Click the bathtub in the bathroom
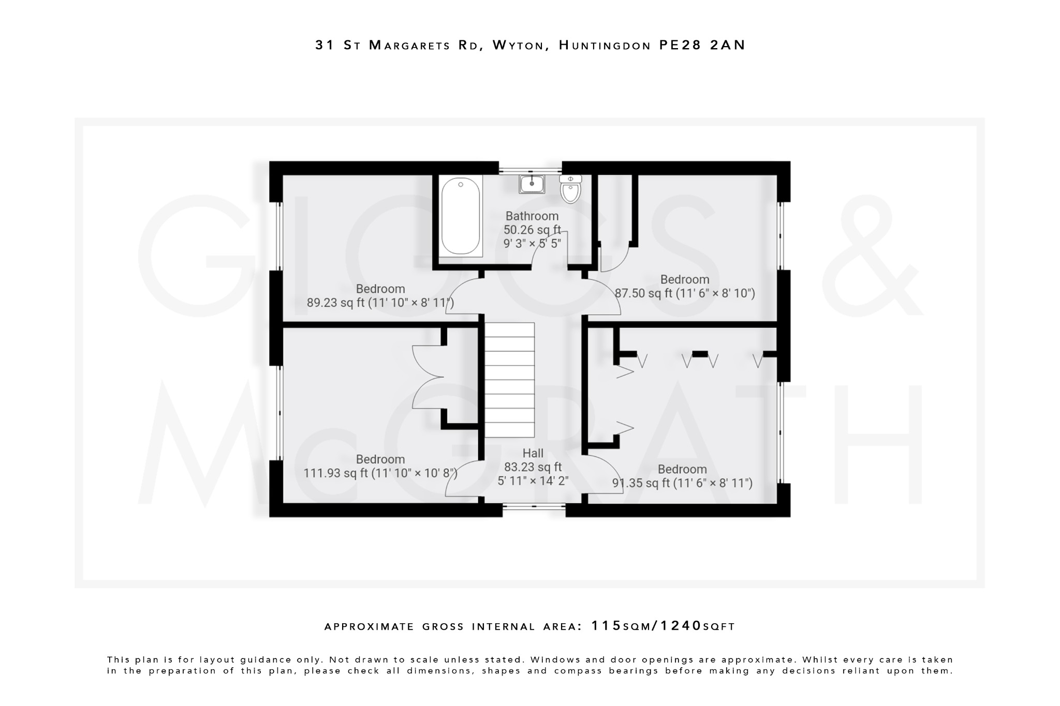(x=460, y=216)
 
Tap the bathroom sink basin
(x=532, y=184)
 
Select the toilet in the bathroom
(x=570, y=189)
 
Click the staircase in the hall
(x=509, y=380)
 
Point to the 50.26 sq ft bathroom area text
(x=532, y=230)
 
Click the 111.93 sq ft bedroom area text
(x=380, y=473)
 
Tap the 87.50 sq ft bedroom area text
(x=684, y=293)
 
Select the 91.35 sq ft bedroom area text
(x=682, y=483)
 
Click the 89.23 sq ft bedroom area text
(x=380, y=303)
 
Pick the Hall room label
(x=533, y=454)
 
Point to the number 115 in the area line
(x=606, y=626)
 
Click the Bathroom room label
(x=532, y=216)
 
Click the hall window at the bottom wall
(x=534, y=507)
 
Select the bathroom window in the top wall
(x=530, y=169)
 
